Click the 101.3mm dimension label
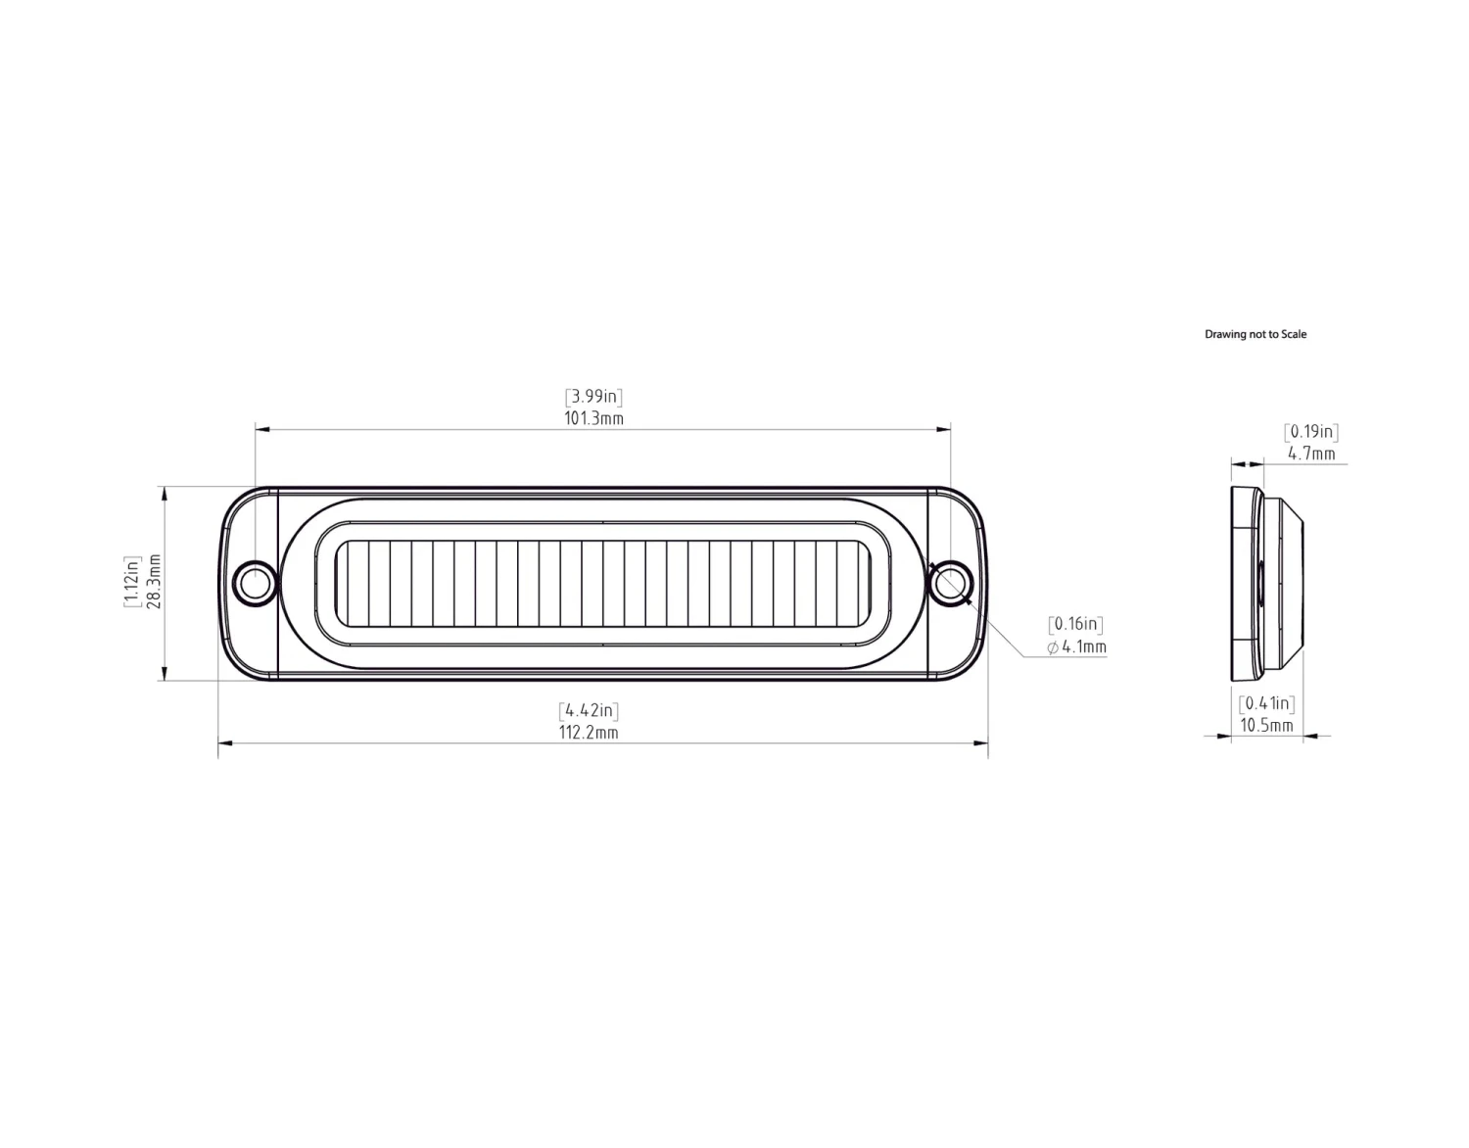click(x=593, y=419)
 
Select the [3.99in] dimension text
click(x=593, y=397)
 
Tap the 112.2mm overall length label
click(x=589, y=733)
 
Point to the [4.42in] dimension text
click(x=589, y=710)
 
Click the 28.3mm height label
click(x=154, y=582)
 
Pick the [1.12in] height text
click(x=132, y=582)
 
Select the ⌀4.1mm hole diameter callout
click(x=1076, y=647)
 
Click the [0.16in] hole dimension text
click(x=1075, y=625)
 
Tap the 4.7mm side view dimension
click(x=1311, y=454)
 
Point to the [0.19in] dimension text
click(x=1311, y=432)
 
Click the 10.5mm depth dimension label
click(x=1266, y=726)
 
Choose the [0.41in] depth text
click(x=1266, y=703)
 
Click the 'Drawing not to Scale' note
click(x=1256, y=334)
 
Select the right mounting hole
click(x=948, y=583)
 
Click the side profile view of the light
click(x=1265, y=584)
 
